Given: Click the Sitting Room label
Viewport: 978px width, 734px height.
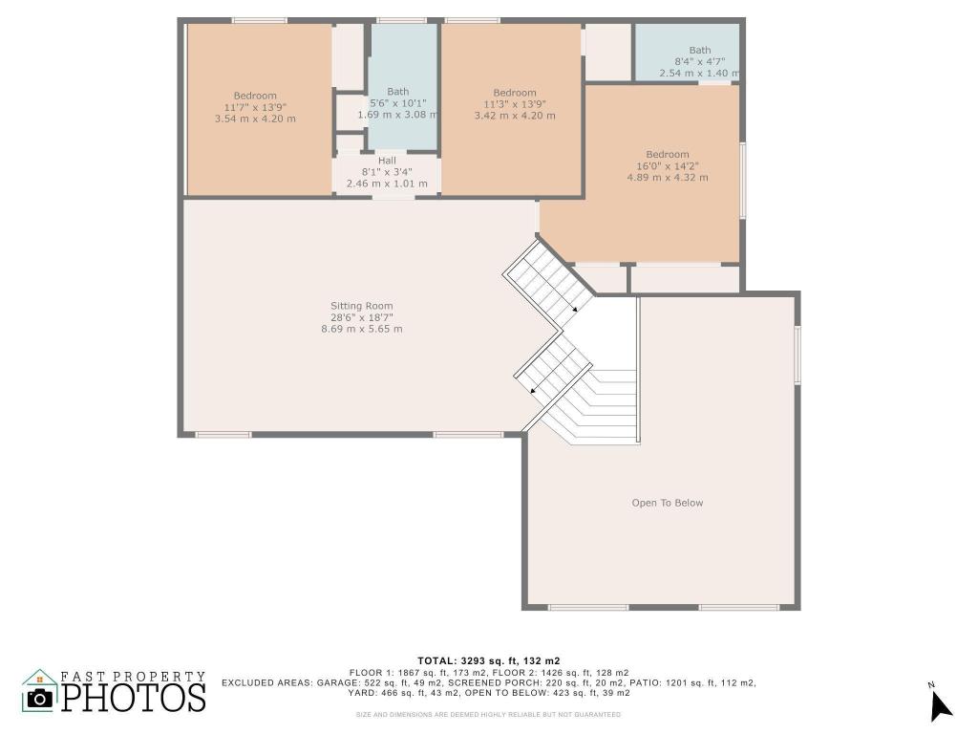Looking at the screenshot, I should click(x=361, y=306).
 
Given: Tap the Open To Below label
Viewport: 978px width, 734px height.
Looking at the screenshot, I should click(x=667, y=503).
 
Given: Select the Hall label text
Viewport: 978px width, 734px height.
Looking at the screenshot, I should click(x=387, y=161).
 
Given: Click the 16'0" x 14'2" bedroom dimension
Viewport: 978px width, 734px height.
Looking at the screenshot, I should click(x=667, y=166).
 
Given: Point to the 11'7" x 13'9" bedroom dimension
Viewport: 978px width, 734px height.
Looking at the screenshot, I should click(x=255, y=107).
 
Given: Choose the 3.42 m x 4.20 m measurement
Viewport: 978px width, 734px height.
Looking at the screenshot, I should click(x=514, y=116).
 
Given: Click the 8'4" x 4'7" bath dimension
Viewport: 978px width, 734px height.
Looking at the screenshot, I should click(x=699, y=61).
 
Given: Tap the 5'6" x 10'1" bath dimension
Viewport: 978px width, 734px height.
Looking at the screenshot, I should click(x=397, y=103).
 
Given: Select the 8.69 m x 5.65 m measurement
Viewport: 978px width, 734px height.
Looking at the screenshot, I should click(x=361, y=329).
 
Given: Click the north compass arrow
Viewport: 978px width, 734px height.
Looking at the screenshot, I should click(x=941, y=704).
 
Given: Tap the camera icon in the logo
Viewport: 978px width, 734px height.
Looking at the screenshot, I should click(x=39, y=698).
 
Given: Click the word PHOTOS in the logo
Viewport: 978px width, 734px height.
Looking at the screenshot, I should click(x=134, y=697).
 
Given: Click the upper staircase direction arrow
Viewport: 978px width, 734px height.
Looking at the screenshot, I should click(x=575, y=310).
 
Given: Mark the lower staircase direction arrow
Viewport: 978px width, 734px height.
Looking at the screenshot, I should click(x=532, y=390).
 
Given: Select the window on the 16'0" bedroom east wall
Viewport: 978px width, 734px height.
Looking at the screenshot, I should click(x=743, y=182).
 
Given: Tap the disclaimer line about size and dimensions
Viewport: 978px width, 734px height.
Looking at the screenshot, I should click(x=488, y=714).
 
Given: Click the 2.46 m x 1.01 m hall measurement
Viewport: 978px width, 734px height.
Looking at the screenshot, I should click(x=387, y=183).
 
